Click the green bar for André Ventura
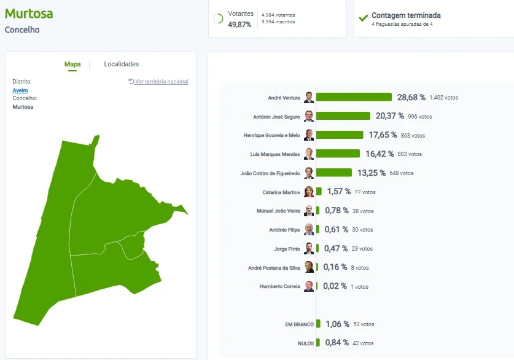(354, 97)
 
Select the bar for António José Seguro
(343, 115)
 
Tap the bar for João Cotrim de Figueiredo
(333, 173)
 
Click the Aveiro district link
(20, 90)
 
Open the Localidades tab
(122, 64)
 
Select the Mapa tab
(72, 65)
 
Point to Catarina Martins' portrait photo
(309, 192)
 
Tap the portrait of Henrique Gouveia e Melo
(309, 135)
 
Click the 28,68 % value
(411, 98)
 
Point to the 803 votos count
(410, 154)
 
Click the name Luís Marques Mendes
(275, 154)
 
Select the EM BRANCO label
(299, 324)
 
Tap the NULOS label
(306, 343)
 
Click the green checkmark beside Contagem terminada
(363, 18)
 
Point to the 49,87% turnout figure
(239, 25)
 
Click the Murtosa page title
(29, 14)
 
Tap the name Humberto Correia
(279, 286)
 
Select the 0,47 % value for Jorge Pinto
(336, 249)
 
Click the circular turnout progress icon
(218, 18)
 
